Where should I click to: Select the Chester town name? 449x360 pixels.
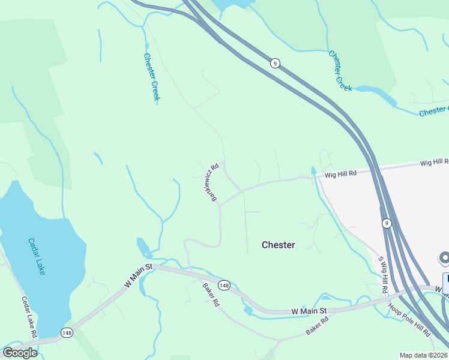(x=279, y=245)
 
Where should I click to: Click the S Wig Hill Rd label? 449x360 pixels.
(x=382, y=275)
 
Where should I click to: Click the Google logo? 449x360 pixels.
(x=19, y=353)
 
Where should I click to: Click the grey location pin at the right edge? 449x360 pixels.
(x=445, y=259)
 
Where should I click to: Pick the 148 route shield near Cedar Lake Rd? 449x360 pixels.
(x=67, y=332)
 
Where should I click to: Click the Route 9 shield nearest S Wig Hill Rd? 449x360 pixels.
(x=387, y=223)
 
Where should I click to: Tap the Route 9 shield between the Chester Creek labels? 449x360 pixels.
(x=275, y=64)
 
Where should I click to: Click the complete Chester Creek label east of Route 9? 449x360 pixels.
(x=340, y=71)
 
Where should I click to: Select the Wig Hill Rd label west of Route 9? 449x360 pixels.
(x=341, y=174)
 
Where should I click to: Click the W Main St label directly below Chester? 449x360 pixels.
(x=309, y=311)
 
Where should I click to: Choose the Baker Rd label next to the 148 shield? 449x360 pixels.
(x=211, y=295)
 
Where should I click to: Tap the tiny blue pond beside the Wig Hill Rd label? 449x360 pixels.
(x=313, y=172)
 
